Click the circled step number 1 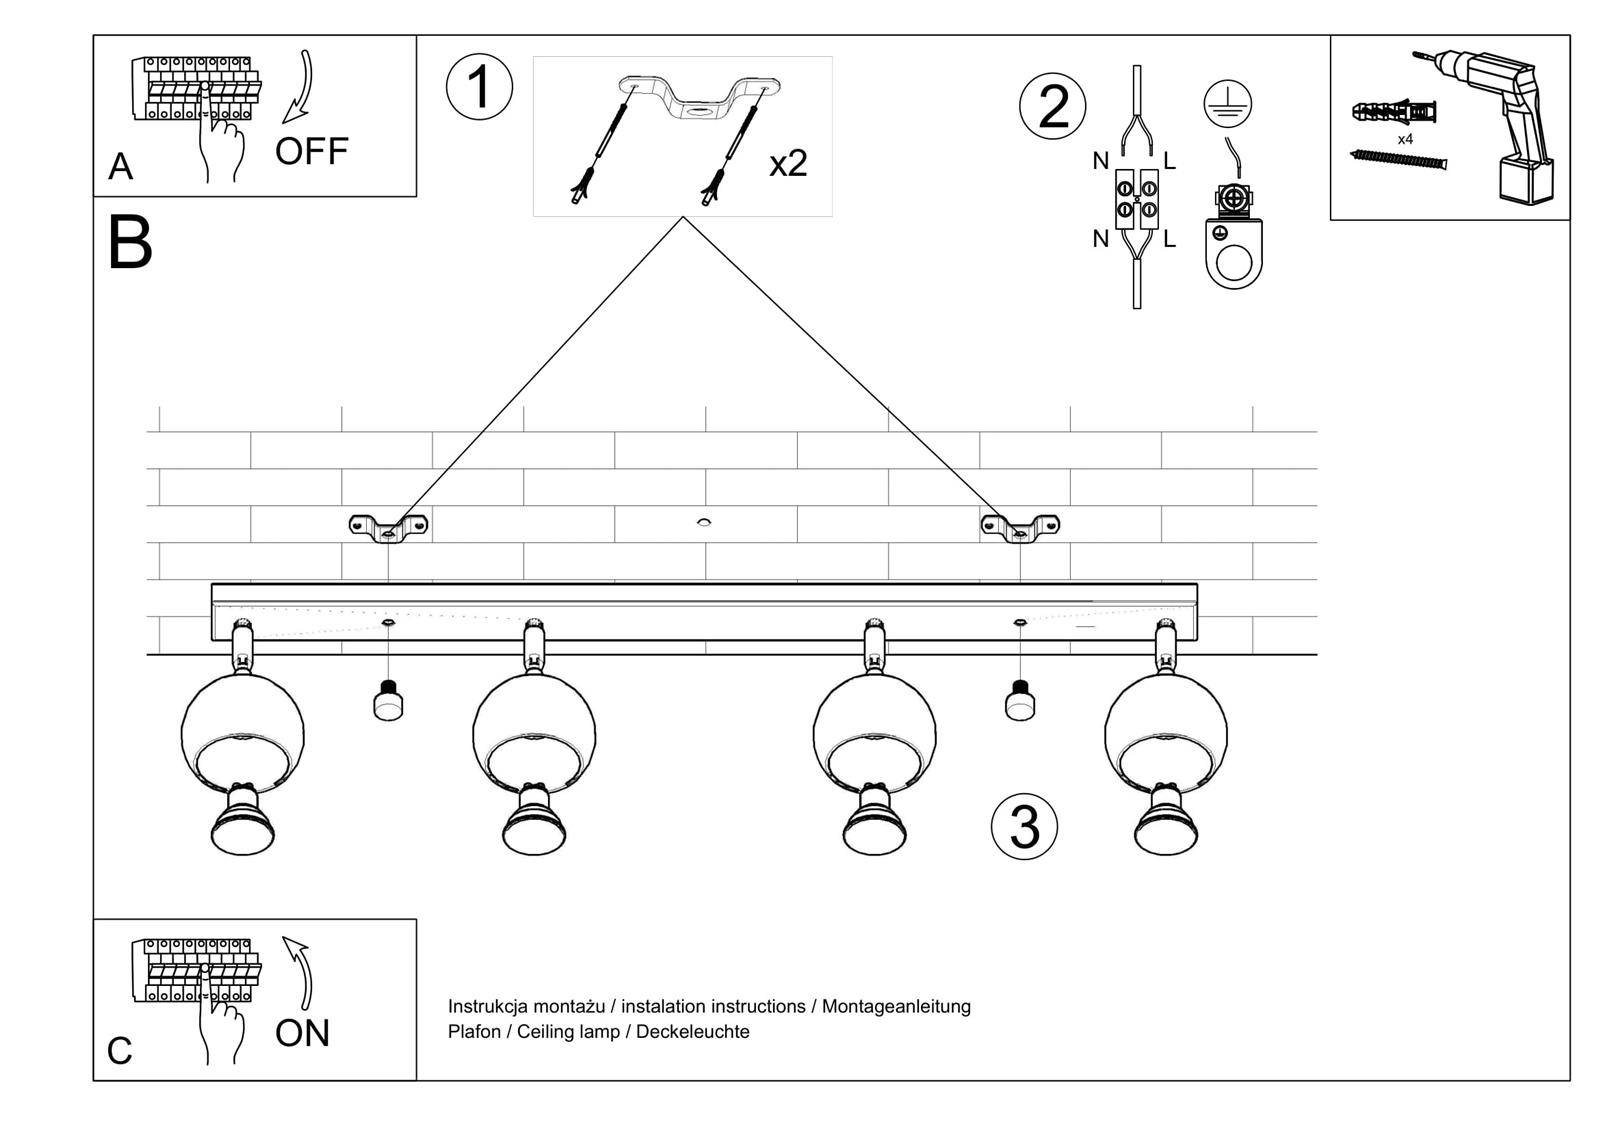pos(479,87)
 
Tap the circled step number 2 pos(1052,107)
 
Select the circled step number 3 pos(1024,827)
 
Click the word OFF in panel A pos(311,152)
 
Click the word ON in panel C pos(302,1033)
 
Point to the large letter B pos(130,243)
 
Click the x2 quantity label pos(788,163)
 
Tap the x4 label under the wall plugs pos(1405,139)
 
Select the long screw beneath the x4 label pos(1399,159)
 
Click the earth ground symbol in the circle pos(1227,103)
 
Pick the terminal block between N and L pos(1137,197)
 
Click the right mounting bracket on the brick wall pos(1020,526)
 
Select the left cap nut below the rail pos(389,701)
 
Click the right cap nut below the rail pos(1019,701)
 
